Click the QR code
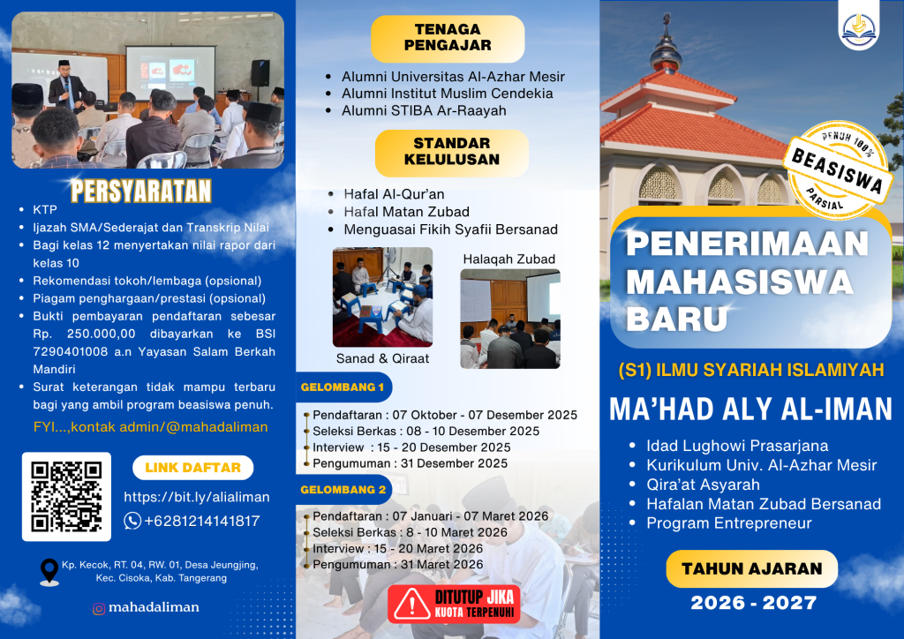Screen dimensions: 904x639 tap(66, 496)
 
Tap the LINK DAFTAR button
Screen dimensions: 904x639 tap(193, 467)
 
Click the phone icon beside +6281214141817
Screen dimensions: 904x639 tap(132, 521)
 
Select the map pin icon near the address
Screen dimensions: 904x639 tap(49, 572)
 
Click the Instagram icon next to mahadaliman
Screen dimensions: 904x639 tap(99, 608)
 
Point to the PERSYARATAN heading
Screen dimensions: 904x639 tap(141, 192)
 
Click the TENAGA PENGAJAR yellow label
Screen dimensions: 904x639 tap(448, 38)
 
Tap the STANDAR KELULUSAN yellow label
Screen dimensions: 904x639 tap(451, 152)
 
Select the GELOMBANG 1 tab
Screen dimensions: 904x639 tap(343, 387)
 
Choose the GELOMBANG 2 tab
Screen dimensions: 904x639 tap(343, 489)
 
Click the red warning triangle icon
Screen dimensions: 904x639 tap(411, 604)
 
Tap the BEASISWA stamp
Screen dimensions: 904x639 tap(837, 170)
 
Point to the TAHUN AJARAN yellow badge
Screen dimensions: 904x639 tap(752, 568)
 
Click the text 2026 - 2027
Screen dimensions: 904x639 tap(754, 603)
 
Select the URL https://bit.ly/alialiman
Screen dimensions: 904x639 tap(197, 497)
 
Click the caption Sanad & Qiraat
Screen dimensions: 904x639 tap(382, 358)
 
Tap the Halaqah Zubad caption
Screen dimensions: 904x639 tap(509, 259)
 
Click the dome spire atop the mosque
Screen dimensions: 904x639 tap(667, 41)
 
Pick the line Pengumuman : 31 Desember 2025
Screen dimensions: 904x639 tap(410, 463)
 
